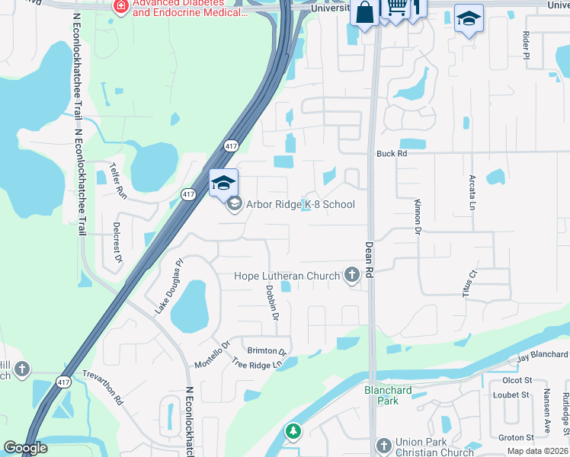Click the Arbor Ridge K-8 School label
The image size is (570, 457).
pos(300,204)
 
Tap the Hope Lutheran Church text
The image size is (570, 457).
pos(287,276)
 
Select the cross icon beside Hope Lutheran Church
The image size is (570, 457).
pos(352,275)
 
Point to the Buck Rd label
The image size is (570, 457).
pos(392,153)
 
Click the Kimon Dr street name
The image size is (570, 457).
pos(418,215)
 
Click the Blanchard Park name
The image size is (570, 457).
pos(388,395)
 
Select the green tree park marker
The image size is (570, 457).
pos(293,433)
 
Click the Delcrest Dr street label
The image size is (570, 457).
pos(117,242)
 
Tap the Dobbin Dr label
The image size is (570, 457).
pos(273,302)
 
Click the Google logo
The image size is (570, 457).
pos(25,449)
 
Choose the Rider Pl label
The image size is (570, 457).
pos(526,45)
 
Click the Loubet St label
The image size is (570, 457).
pos(511,395)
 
